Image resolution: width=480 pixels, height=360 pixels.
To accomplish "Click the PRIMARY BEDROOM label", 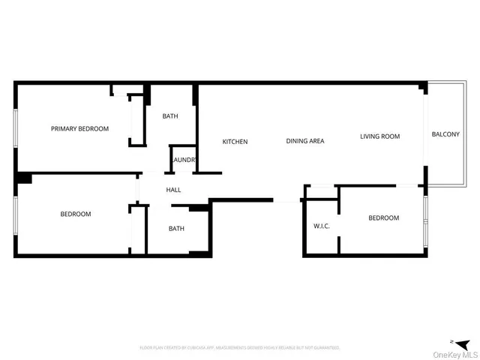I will tap(79, 129).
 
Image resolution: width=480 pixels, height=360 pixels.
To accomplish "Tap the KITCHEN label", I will tap(235, 142).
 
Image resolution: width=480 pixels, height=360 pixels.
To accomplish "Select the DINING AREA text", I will tap(305, 141).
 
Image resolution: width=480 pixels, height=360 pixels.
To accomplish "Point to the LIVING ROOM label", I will tap(379, 136).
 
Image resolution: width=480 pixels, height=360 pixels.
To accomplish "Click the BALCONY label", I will tap(445, 134).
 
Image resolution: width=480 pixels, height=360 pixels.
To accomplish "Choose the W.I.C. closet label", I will tap(322, 226).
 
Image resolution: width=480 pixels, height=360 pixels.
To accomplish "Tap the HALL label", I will tap(173, 190).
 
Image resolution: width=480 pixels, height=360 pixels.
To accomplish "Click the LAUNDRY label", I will tap(184, 160).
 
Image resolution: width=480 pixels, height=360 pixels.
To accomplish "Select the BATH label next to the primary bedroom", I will tap(170, 116).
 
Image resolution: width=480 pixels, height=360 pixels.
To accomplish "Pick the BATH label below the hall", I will tap(176, 229).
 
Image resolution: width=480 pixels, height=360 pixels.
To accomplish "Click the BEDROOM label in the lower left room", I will tap(76, 214).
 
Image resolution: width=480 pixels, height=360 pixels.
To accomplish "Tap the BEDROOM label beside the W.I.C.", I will tap(383, 218).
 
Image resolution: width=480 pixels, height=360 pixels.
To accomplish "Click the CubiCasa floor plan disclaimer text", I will tap(240, 348).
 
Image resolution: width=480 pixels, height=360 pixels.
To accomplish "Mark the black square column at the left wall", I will tap(24, 178).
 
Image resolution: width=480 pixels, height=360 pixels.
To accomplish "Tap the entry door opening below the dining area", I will tap(287, 200).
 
